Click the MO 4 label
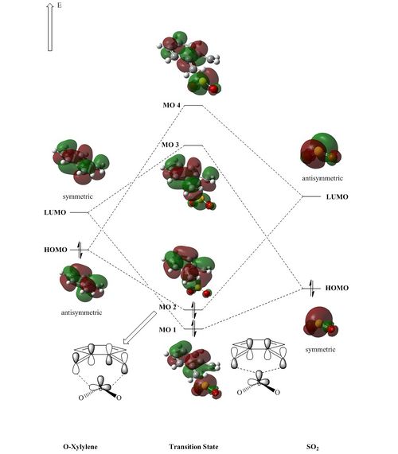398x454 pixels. pyautogui.click(x=171, y=105)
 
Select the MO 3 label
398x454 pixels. pyautogui.click(x=170, y=145)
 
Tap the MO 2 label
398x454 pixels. pyautogui.click(x=167, y=307)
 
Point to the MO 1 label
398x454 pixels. pyautogui.click(x=167, y=329)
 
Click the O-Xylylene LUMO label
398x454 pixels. pyautogui.click(x=55, y=212)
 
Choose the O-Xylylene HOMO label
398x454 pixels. pyautogui.click(x=56, y=250)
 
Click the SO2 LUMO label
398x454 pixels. pyautogui.click(x=338, y=197)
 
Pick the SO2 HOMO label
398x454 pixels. pyautogui.click(x=337, y=288)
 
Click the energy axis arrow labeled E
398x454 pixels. pyautogui.click(x=50, y=28)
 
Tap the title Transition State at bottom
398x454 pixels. pyautogui.click(x=193, y=447)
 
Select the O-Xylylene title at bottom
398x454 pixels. pyautogui.click(x=80, y=447)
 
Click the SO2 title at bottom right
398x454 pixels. pyautogui.click(x=313, y=447)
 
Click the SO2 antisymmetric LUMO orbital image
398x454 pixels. pyautogui.click(x=320, y=151)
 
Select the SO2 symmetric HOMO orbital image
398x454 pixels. pyautogui.click(x=321, y=322)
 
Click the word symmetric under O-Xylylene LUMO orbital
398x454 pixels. pyautogui.click(x=77, y=196)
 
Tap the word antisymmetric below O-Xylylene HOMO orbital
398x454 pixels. pyautogui.click(x=81, y=312)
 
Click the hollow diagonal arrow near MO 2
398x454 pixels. pyautogui.click(x=140, y=328)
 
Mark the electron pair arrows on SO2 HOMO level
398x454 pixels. pyautogui.click(x=311, y=289)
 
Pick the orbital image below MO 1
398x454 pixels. pyautogui.click(x=193, y=370)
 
